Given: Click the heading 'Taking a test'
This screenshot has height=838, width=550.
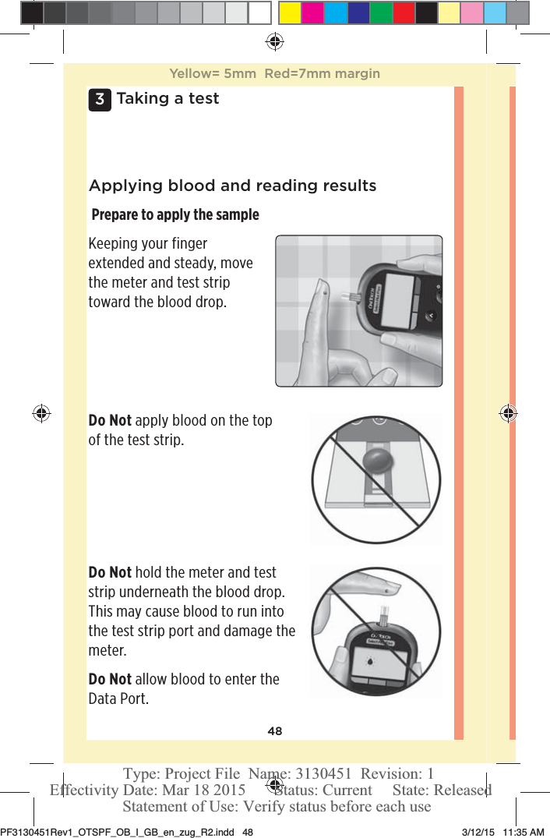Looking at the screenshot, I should point(167,99).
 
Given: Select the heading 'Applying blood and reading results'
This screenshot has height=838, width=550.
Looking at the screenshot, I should point(232,186).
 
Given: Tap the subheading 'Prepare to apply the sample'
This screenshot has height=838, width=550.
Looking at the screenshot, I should point(175,214).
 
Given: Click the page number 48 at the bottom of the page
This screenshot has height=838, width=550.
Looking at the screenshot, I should point(275,731).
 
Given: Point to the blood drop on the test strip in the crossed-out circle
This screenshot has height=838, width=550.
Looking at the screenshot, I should point(376,458).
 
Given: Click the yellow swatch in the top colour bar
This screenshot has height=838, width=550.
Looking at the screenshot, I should point(290,13).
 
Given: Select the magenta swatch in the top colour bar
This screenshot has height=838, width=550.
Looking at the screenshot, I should point(312,13).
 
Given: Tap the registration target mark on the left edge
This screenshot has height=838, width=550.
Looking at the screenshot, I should point(41,413).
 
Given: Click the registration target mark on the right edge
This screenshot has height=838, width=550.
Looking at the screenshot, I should point(507,413).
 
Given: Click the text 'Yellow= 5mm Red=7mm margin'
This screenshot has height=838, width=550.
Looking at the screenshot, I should point(274,74).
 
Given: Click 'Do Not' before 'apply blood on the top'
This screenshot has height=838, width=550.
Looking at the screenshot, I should point(110,421).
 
